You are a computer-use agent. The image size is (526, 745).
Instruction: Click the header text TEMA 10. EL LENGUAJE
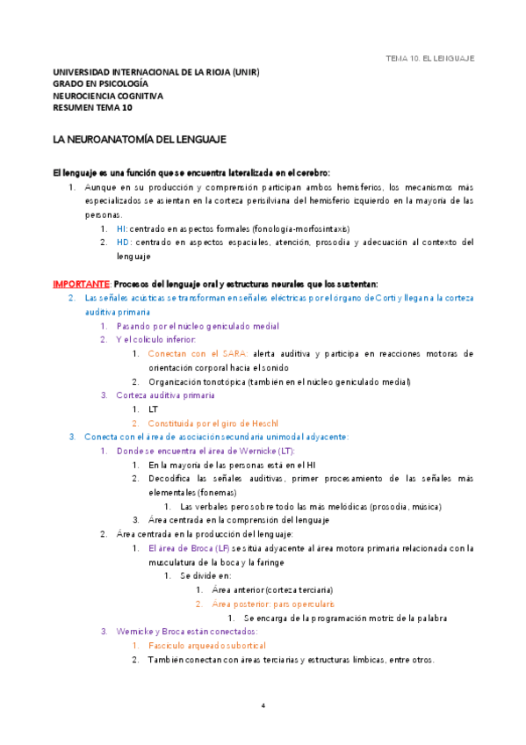pos(430,58)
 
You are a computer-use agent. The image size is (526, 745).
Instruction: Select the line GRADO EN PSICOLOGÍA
pos(100,84)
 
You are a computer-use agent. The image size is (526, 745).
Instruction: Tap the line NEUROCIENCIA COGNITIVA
pos(108,97)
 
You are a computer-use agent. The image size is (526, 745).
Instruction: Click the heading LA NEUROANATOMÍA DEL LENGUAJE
pos(140,140)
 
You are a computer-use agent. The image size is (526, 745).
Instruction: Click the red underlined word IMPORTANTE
pos(81,284)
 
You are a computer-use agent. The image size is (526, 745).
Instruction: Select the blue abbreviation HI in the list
pos(121,228)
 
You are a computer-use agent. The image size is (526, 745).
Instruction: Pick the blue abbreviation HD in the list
pos(122,242)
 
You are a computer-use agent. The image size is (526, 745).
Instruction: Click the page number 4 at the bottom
pos(263,705)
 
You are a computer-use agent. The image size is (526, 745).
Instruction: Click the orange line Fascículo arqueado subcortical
pos(206,646)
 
